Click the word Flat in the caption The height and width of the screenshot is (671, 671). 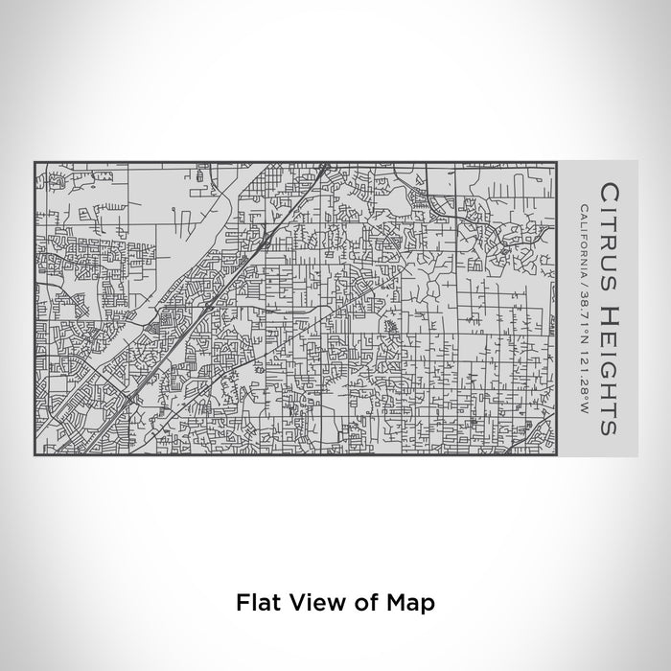254,602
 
